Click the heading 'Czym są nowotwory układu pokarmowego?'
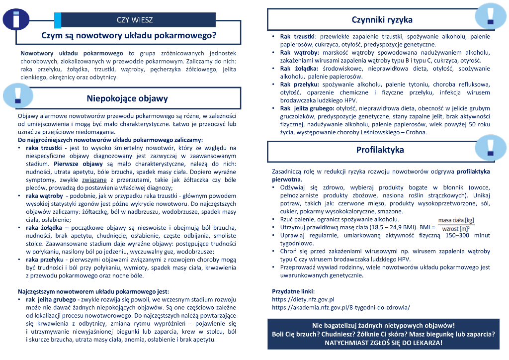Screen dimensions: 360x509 [129, 36]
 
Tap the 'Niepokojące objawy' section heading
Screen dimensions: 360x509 [127, 98]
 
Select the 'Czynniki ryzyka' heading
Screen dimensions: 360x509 [382, 20]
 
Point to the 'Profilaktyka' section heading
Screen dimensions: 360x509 [380, 150]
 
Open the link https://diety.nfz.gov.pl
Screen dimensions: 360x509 [303, 300]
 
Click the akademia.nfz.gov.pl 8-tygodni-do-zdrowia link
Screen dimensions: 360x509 [341, 308]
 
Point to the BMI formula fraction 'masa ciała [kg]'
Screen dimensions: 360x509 [456, 220]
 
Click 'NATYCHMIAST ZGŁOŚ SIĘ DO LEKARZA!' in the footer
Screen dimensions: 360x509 [383, 343]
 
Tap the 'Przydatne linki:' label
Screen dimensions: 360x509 [293, 291]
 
